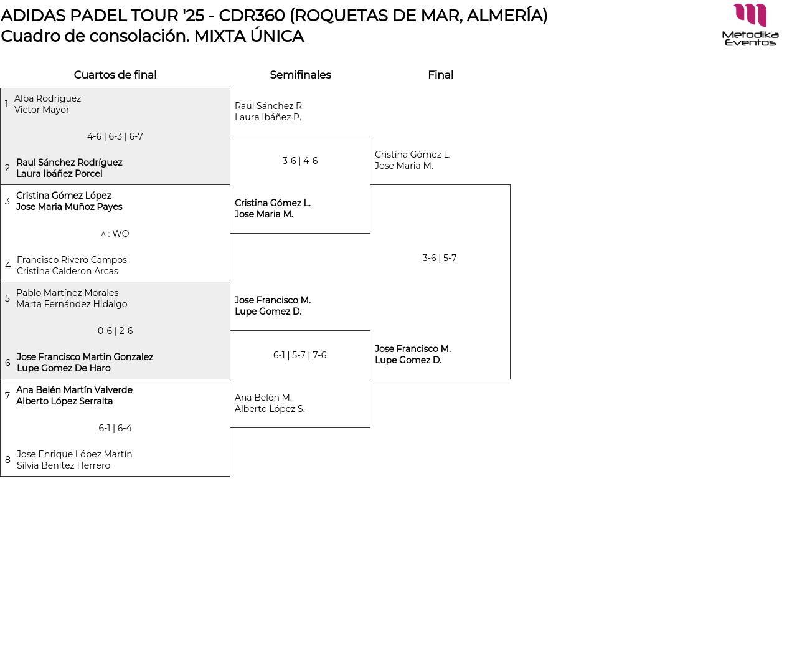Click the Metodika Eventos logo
pos(750,25)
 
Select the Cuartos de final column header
pos(115,75)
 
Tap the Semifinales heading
pos(300,75)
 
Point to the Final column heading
pos(440,75)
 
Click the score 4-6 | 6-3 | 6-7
pos(115,136)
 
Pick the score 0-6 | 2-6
pos(115,331)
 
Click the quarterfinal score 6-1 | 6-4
pos(115,428)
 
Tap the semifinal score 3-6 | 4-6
pos(300,161)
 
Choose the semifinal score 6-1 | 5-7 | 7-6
pos(300,355)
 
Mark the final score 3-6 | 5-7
pos(440,258)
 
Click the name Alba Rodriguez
pos(47,98)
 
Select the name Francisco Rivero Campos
pos(72,260)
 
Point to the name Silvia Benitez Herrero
pos(64,465)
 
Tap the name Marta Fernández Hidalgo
pos(72,304)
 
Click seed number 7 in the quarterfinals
pos(7,396)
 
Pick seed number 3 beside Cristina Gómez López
pos(7,201)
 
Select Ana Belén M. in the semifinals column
pos(263,398)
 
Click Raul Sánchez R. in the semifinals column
pos(269,106)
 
